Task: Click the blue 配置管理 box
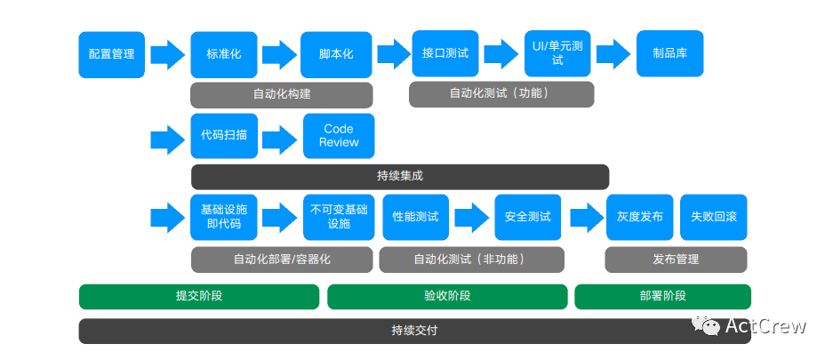[111, 54]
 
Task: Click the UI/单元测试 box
[557, 53]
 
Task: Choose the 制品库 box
[669, 53]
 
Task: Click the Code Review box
[339, 136]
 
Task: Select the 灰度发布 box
[639, 217]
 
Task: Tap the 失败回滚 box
[713, 217]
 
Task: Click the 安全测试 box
[528, 217]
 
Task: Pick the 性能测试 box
[415, 217]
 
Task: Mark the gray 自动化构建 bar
[281, 94]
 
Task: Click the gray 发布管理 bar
[676, 260]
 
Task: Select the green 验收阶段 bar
[447, 296]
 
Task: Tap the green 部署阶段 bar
[662, 296]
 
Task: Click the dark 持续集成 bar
[400, 176]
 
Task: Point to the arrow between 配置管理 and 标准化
[167, 54]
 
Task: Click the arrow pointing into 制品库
[613, 53]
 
